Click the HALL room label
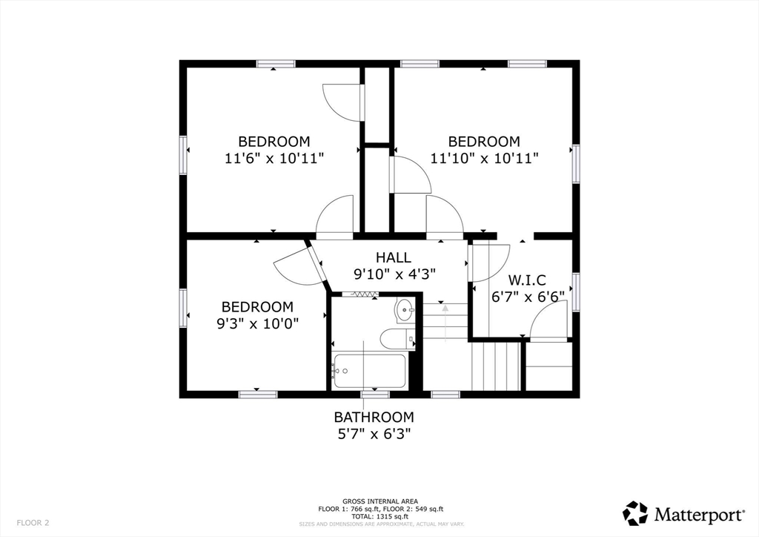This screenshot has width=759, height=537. point(394,257)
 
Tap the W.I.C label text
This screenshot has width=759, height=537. point(527,280)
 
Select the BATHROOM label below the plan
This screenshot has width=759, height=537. point(374,417)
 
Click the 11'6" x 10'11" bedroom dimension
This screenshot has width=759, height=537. point(274,158)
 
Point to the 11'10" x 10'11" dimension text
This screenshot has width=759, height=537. point(485,158)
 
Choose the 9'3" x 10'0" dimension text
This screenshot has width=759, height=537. point(257,323)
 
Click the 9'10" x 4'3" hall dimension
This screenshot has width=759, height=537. point(394,274)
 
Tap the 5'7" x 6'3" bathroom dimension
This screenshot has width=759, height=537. point(374,434)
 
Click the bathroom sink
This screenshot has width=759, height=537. point(405,310)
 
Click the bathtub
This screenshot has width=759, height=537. point(369,372)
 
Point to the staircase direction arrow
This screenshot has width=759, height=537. point(445,322)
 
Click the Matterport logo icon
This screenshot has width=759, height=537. point(635,513)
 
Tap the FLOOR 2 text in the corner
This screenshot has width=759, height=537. point(33,523)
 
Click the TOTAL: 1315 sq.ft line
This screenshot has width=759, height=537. point(380,517)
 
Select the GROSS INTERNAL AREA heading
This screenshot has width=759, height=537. point(380,501)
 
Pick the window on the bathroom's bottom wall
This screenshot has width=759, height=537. point(375,395)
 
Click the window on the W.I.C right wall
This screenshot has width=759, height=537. point(576,291)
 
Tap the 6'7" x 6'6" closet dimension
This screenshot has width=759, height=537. point(528,297)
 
